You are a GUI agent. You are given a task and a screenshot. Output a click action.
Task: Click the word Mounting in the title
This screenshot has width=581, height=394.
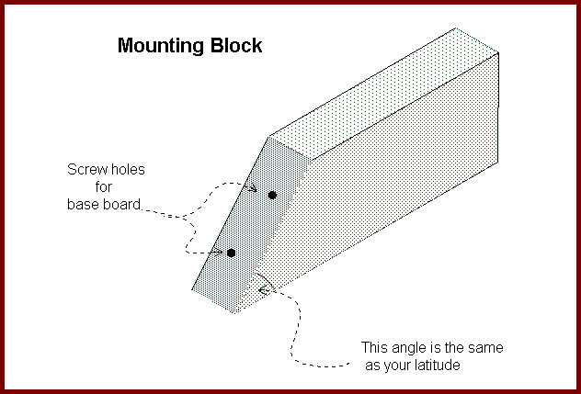click(x=161, y=47)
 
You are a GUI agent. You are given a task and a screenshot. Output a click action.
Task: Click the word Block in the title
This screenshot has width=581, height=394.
click(x=236, y=45)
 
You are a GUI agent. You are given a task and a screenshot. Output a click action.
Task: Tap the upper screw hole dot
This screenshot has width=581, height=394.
click(x=272, y=195)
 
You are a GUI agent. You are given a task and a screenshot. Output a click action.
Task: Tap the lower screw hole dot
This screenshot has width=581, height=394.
click(x=231, y=253)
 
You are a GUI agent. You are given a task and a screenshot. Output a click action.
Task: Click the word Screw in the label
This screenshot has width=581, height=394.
click(x=86, y=170)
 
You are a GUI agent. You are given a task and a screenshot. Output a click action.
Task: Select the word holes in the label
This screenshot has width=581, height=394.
click(x=126, y=170)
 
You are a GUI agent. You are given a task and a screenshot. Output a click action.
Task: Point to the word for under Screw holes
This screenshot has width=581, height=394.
click(x=103, y=187)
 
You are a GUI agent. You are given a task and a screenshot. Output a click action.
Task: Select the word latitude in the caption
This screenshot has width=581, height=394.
click(x=438, y=366)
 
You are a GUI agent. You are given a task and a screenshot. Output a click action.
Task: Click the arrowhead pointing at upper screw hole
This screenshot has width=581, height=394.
click(x=252, y=188)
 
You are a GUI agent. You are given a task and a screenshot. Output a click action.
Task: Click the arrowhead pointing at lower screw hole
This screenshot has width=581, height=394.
click(x=219, y=253)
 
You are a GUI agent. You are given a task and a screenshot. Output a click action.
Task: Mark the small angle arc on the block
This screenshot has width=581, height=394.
click(x=268, y=280)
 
